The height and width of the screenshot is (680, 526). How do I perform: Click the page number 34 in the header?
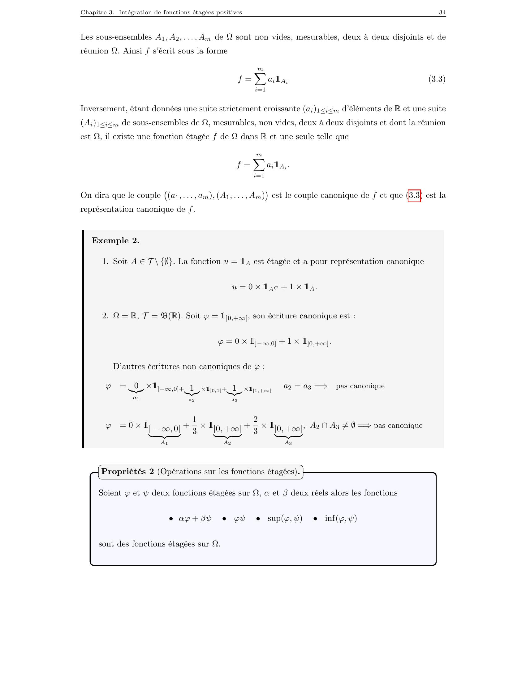[x=442, y=12]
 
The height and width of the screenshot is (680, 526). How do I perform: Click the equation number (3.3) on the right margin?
[x=437, y=79]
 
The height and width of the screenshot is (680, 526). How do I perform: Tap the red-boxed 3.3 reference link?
[x=414, y=196]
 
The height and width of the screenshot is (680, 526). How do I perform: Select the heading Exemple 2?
[x=115, y=241]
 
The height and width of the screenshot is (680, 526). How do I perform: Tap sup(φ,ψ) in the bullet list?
[x=284, y=518]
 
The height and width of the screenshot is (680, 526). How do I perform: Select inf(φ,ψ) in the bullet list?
[x=341, y=518]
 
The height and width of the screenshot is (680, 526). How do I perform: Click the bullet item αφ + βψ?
[x=195, y=518]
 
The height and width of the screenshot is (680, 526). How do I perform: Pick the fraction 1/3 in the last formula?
[x=194, y=425]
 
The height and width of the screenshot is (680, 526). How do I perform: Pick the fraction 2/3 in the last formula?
[x=256, y=425]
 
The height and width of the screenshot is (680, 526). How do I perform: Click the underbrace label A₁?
[x=165, y=443]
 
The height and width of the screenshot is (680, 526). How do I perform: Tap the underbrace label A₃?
[x=288, y=443]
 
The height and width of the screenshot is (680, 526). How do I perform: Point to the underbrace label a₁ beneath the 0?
[x=136, y=398]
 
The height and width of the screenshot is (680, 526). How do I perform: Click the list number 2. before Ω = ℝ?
[x=105, y=316]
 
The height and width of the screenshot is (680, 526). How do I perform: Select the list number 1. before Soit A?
[x=105, y=261]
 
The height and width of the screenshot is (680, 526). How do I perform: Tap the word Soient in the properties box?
[x=110, y=493]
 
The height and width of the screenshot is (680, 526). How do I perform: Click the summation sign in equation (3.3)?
[x=260, y=79]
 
